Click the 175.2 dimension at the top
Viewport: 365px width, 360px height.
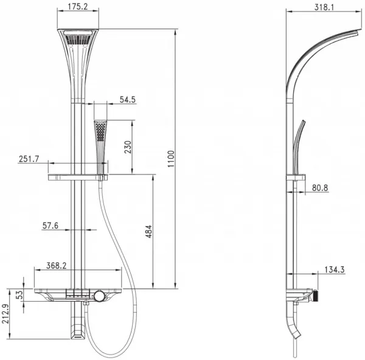pyautogui.click(x=78, y=7)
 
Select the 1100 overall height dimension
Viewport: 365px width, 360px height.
pyautogui.click(x=171, y=159)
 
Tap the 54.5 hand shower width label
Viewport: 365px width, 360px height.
pyautogui.click(x=128, y=100)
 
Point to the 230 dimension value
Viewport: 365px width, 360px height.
pyautogui.click(x=128, y=147)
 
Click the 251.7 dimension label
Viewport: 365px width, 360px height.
pyautogui.click(x=29, y=159)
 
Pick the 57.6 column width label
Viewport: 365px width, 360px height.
pyautogui.click(x=50, y=226)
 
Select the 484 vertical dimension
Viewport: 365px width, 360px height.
pyautogui.click(x=148, y=231)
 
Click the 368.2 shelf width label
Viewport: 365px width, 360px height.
pyautogui.click(x=57, y=266)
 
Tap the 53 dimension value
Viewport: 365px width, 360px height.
pyautogui.click(x=21, y=294)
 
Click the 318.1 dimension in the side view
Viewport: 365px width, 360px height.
pyautogui.click(x=324, y=7)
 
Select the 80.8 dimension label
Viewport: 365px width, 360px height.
pyautogui.click(x=320, y=187)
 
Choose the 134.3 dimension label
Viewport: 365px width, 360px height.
pyautogui.click(x=335, y=270)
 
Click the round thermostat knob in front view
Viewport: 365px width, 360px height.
pyautogui.click(x=99, y=296)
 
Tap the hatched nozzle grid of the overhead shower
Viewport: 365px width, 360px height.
pyautogui.click(x=77, y=39)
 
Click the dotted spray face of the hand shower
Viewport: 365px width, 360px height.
pyautogui.click(x=100, y=131)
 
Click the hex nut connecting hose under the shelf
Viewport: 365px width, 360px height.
pyautogui.click(x=86, y=303)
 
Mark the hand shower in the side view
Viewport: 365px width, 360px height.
pyautogui.click(x=298, y=147)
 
